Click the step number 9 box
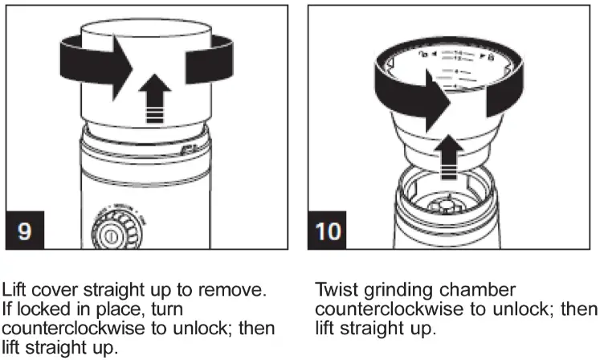point(25,231)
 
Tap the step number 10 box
point(329,231)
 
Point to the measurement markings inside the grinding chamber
point(458,68)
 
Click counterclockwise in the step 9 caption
point(74,330)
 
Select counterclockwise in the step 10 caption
point(386,311)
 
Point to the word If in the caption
point(10,310)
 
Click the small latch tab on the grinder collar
point(188,150)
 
